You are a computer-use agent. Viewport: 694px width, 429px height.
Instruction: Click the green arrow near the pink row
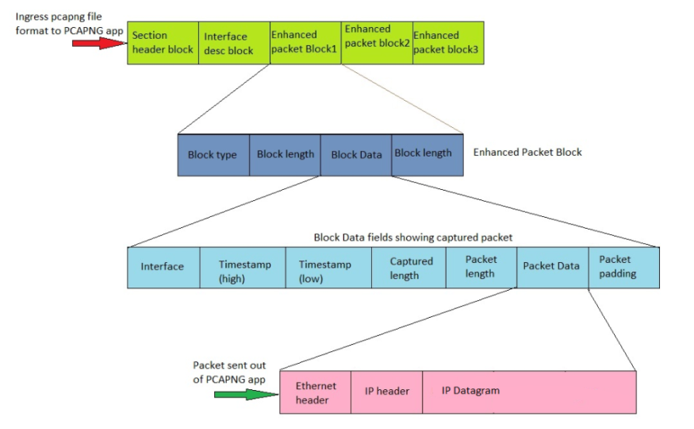point(246,393)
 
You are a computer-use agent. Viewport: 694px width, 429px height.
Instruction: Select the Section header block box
point(163,43)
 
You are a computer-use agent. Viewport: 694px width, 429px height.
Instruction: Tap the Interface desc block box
point(234,43)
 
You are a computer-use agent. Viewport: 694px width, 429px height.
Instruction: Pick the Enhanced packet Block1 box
point(305,43)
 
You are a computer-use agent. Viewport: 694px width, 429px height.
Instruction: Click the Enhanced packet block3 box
point(446,43)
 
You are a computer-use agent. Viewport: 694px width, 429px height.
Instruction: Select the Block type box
point(213,154)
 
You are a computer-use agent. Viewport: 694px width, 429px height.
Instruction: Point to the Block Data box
point(356,154)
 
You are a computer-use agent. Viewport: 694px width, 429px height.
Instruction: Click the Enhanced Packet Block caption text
point(527,152)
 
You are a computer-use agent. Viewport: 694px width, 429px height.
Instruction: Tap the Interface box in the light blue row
point(163,267)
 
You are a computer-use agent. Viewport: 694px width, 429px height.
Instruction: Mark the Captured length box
point(408,267)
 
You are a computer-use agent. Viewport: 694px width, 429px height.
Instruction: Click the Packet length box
point(481,267)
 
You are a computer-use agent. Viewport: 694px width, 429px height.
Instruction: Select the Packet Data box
point(551,267)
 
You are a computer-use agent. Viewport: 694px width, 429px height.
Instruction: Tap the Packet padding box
point(623,267)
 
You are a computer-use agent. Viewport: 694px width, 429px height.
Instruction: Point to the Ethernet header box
point(316,392)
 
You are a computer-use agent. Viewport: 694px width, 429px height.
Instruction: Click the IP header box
point(387,392)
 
